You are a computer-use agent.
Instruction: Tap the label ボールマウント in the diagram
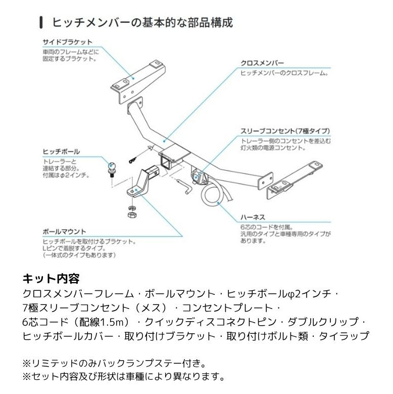tap(64, 232)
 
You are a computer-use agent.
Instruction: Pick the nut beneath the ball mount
tap(130, 215)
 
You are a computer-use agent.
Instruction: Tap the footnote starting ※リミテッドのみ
tap(114, 364)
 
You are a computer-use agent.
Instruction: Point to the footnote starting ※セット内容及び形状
tap(123, 377)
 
